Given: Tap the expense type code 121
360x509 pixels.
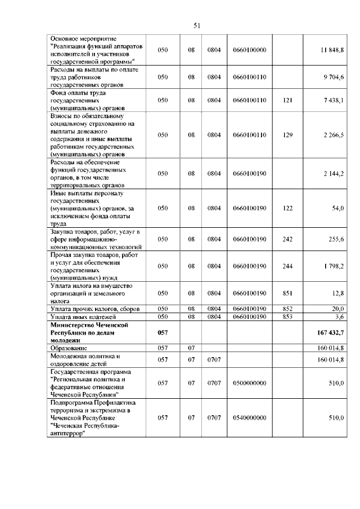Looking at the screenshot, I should point(287,100).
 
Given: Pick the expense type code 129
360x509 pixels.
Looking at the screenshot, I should point(287,135).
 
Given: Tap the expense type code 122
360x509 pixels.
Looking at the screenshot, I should point(287,208).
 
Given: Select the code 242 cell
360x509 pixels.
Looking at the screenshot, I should point(287,239).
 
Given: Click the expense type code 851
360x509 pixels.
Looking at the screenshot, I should point(287,293).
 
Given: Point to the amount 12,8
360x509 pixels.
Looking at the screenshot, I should point(338,293).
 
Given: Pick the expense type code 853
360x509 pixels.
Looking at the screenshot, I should point(287,317).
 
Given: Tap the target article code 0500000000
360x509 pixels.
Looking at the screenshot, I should point(249,383).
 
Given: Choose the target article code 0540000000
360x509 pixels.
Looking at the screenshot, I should point(249,418).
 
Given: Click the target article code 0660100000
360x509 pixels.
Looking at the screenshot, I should point(249,50).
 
